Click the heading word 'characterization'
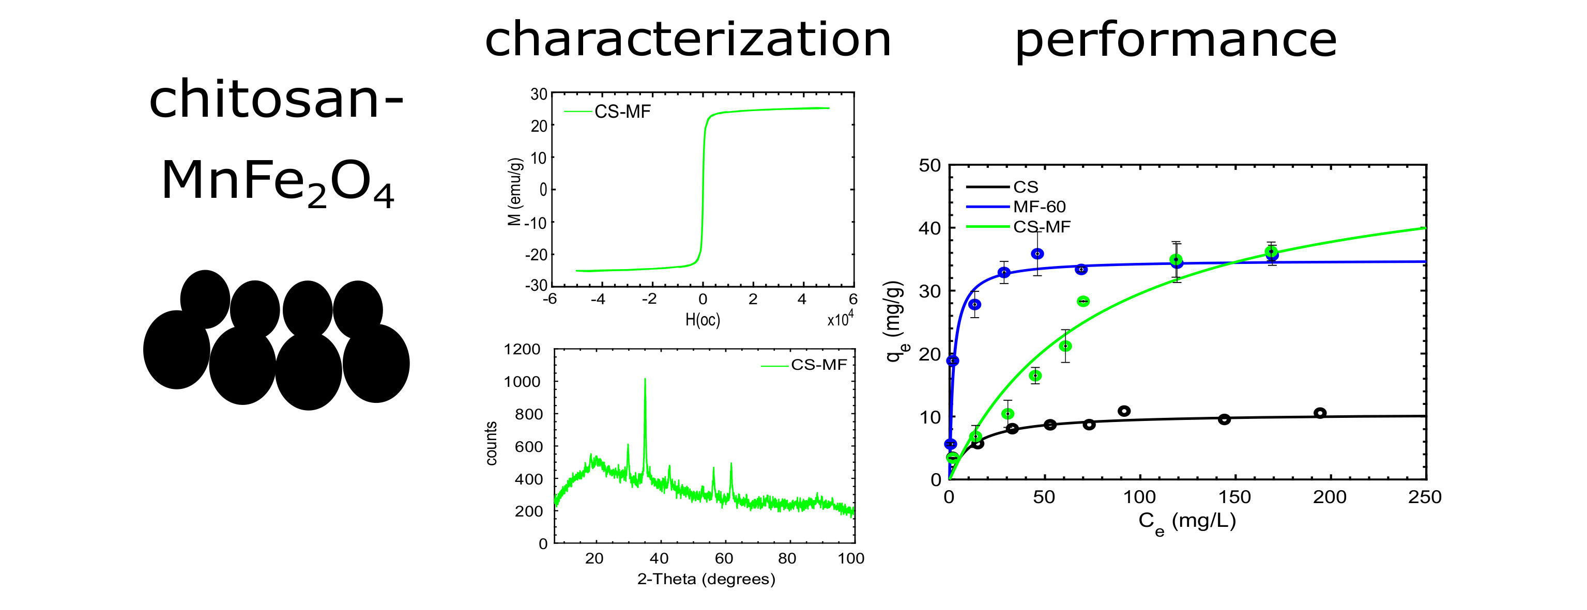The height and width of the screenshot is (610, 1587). (688, 39)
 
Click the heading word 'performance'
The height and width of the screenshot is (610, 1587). (1176, 41)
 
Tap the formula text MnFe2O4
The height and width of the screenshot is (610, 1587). (277, 182)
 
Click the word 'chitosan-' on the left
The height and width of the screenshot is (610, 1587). (276, 100)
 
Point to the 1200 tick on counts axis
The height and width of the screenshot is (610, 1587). (522, 350)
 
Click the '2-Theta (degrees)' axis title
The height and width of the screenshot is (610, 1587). (706, 579)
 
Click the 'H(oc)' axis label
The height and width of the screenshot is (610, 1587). (703, 320)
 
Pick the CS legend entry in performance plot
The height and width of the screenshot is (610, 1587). (1026, 187)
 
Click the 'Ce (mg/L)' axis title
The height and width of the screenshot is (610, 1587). (1186, 522)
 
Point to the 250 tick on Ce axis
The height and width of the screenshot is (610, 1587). (1424, 497)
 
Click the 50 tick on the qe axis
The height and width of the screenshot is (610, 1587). (929, 166)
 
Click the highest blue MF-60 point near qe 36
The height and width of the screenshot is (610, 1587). (1037, 254)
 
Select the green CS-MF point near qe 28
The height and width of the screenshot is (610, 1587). (1083, 301)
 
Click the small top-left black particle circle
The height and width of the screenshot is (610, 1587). (205, 299)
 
